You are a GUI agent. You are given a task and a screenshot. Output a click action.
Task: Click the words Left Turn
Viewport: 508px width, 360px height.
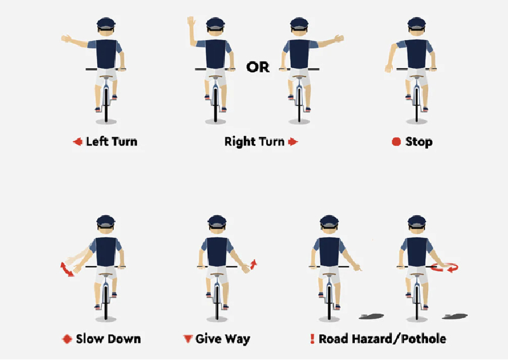pyautogui.click(x=112, y=142)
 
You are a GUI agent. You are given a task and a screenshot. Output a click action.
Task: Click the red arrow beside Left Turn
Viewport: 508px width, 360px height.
pyautogui.click(x=77, y=142)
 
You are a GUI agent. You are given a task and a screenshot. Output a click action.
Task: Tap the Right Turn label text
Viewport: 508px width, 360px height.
pyautogui.click(x=254, y=142)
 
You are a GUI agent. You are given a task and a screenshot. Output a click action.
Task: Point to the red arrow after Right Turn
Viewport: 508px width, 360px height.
pyautogui.click(x=293, y=142)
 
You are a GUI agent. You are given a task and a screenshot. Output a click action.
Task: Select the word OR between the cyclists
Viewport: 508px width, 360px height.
pyautogui.click(x=258, y=67)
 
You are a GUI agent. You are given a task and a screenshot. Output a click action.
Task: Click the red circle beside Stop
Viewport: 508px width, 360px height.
pyautogui.click(x=396, y=142)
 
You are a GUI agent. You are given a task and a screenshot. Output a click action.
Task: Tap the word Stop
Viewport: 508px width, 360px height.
pyautogui.click(x=418, y=142)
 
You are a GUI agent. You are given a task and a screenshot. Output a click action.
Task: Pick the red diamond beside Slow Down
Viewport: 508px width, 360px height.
pyautogui.click(x=66, y=339)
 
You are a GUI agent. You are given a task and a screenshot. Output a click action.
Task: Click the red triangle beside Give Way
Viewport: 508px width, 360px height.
pyautogui.click(x=187, y=339)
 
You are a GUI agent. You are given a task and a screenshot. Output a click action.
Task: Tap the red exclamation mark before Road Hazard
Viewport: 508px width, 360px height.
pyautogui.click(x=312, y=339)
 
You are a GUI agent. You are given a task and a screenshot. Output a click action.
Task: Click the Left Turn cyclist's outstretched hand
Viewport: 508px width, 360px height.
pyautogui.click(x=66, y=39)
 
